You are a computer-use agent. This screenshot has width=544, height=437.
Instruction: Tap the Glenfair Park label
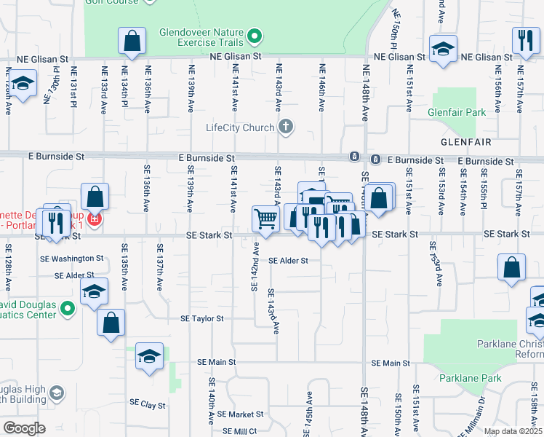click(x=457, y=113)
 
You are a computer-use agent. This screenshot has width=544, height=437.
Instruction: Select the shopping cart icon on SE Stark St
click(x=265, y=218)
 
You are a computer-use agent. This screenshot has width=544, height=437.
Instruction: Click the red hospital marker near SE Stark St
click(x=93, y=219)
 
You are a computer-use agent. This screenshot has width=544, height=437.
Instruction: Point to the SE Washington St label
click(x=73, y=259)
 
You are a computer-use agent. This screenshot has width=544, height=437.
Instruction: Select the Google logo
click(x=24, y=428)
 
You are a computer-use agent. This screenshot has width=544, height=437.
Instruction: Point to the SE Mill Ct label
click(x=240, y=431)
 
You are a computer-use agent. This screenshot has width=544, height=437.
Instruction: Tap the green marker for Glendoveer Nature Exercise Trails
click(x=254, y=35)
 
